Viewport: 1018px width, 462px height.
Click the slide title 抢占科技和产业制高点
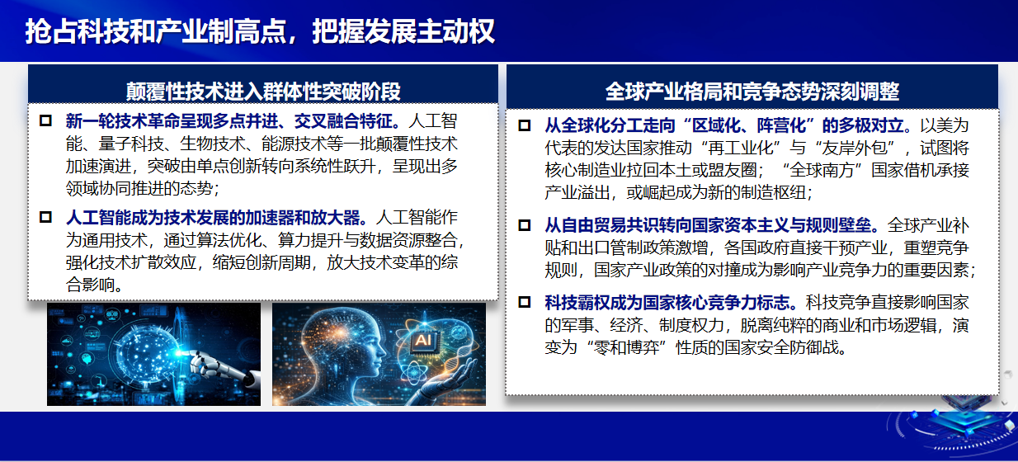click(x=155, y=32)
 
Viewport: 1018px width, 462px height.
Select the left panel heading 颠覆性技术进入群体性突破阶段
click(x=263, y=92)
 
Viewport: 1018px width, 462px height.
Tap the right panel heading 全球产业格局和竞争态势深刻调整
click(x=752, y=92)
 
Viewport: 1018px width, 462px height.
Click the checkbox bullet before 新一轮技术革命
click(x=45, y=120)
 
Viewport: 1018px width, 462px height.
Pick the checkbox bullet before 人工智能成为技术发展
click(x=45, y=217)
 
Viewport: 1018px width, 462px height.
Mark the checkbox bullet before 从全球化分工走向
click(x=525, y=125)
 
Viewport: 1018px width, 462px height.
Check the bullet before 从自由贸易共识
click(x=525, y=225)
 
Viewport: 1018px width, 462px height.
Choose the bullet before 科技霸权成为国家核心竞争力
click(x=525, y=302)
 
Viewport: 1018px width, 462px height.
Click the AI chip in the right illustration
click(x=423, y=340)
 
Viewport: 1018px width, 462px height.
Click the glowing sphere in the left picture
click(x=145, y=352)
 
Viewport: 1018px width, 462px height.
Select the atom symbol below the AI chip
click(x=414, y=374)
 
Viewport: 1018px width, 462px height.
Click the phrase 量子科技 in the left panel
click(x=131, y=144)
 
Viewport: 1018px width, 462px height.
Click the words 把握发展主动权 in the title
click(x=403, y=32)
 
